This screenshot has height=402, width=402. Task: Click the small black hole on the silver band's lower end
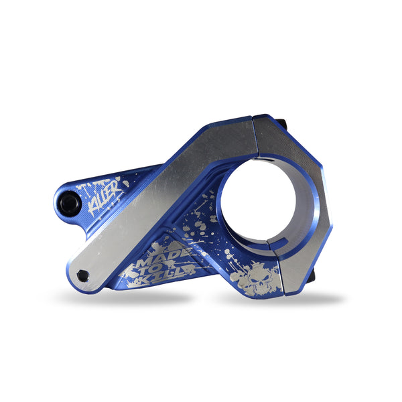[x=82, y=275]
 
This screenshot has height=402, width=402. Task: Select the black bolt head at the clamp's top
[x=281, y=124]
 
